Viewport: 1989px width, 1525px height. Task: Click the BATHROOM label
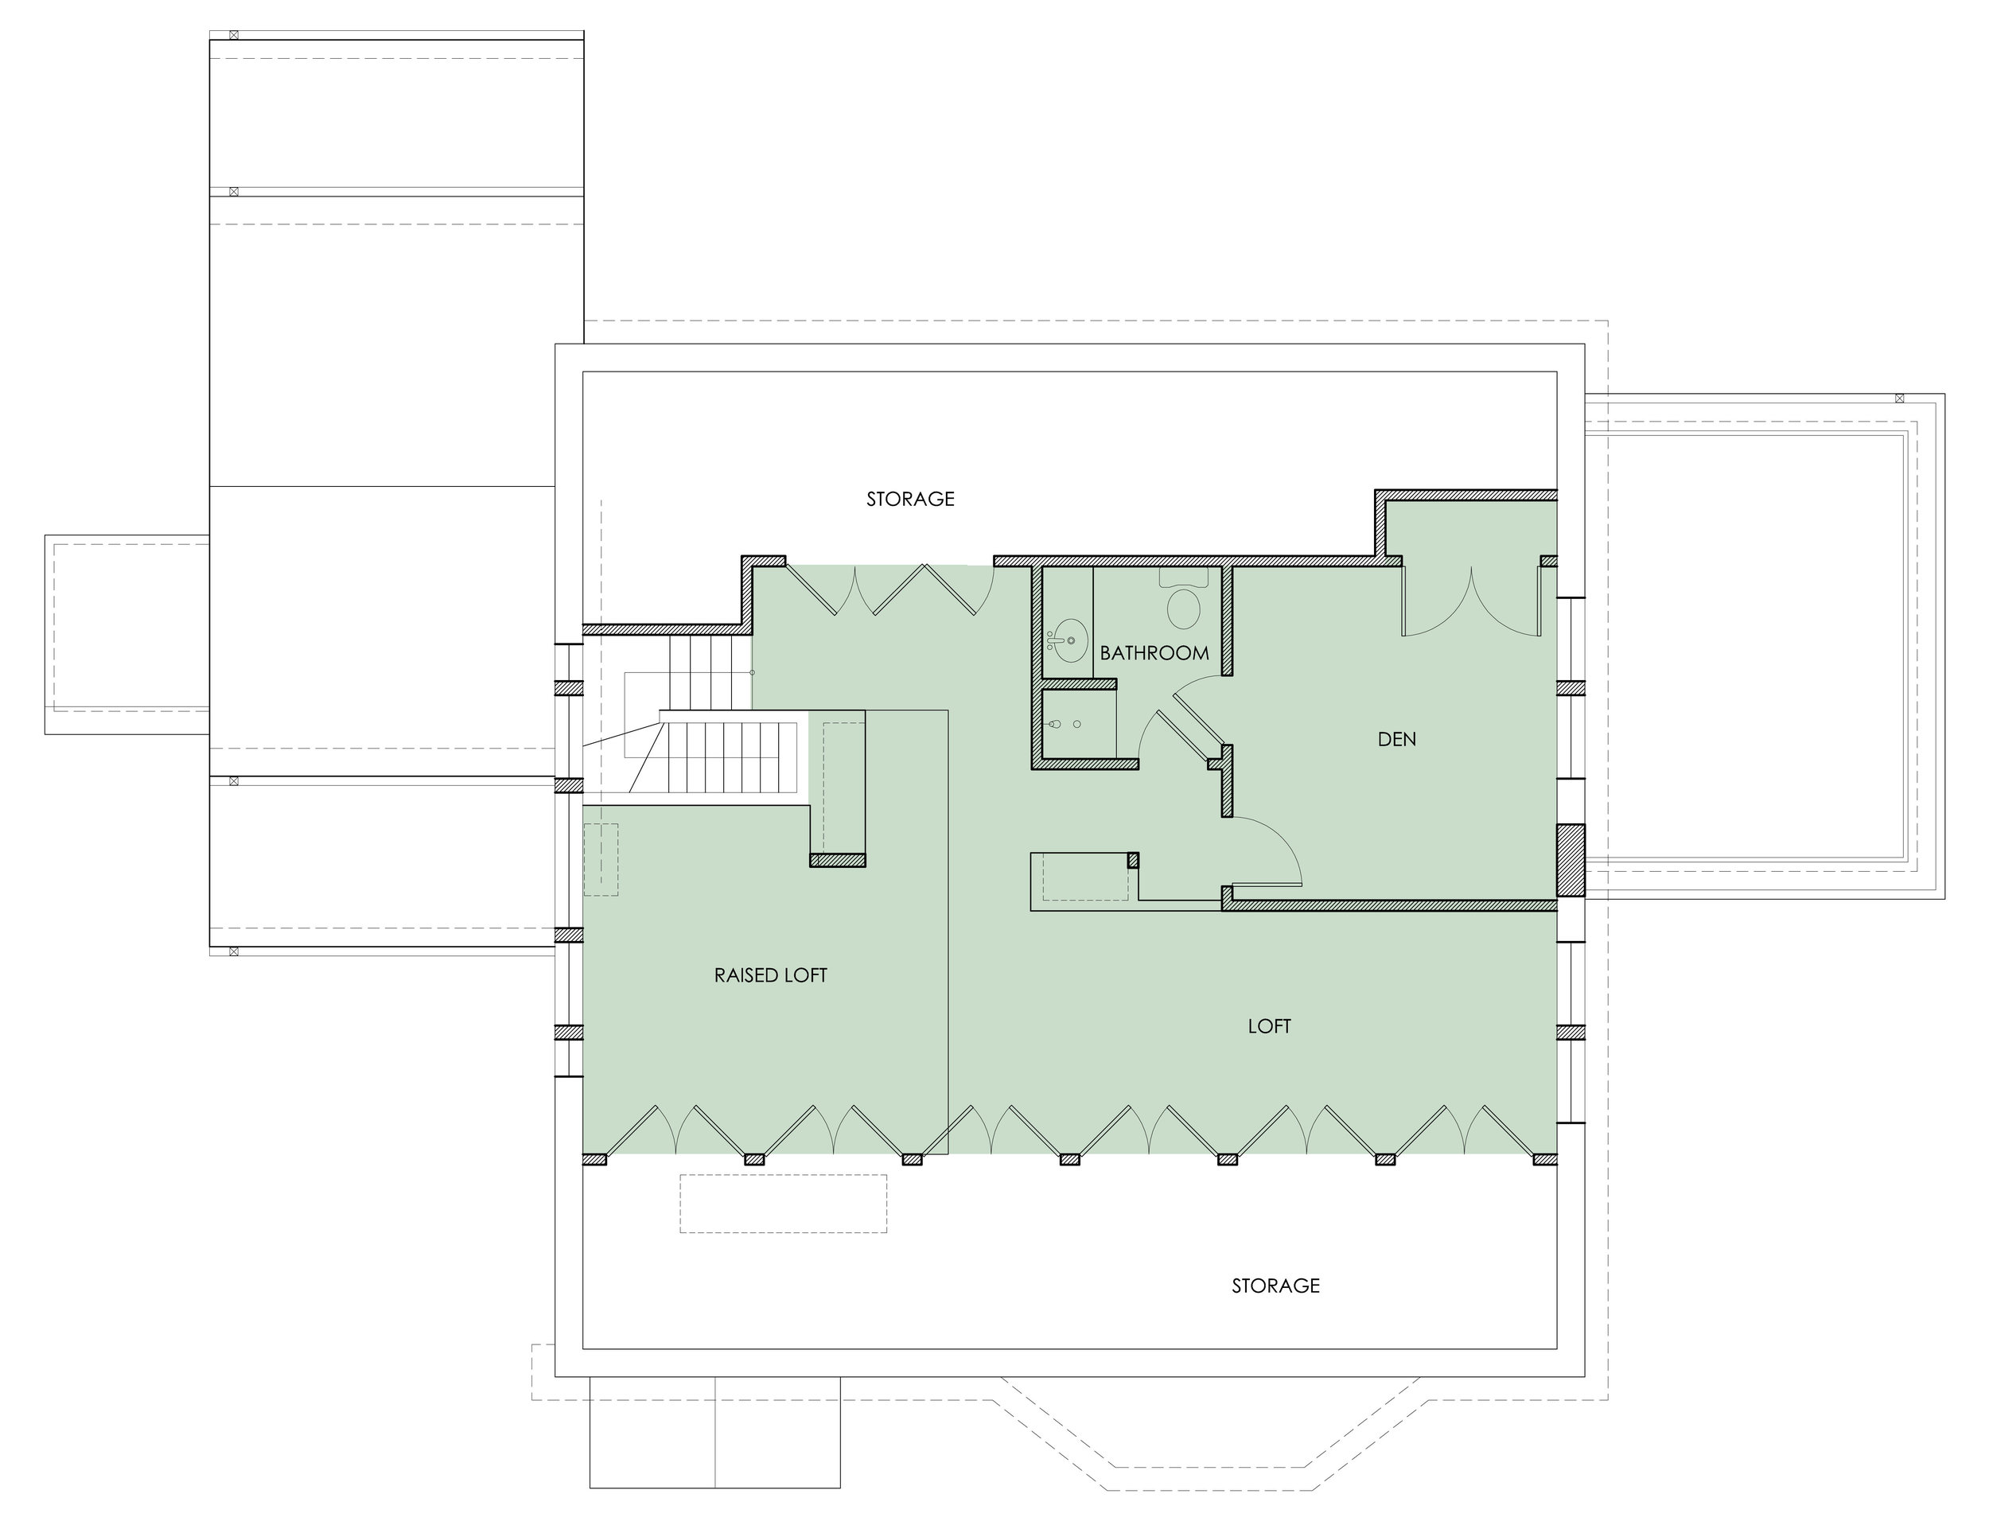(1154, 652)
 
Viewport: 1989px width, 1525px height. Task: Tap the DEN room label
(1396, 739)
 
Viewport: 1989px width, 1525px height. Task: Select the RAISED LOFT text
(770, 975)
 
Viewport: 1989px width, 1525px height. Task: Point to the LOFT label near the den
(1268, 1025)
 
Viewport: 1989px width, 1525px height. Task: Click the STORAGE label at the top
(909, 498)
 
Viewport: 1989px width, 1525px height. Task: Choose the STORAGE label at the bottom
(1275, 1286)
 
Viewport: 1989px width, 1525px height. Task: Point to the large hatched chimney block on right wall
(1570, 860)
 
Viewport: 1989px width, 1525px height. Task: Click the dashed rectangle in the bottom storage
(783, 1204)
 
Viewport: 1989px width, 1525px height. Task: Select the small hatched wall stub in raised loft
(837, 861)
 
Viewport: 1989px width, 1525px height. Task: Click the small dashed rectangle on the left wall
(600, 860)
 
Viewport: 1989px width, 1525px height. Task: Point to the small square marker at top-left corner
(233, 36)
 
